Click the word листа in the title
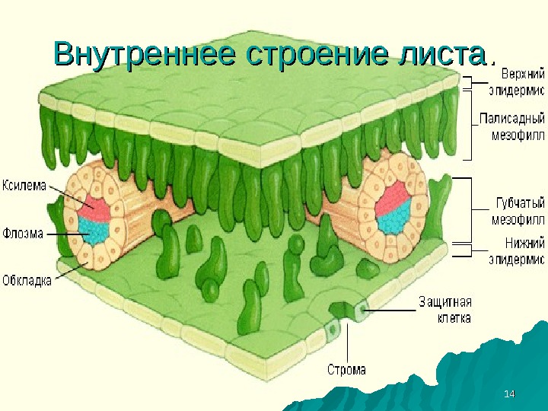[437, 55]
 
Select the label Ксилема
[25, 185]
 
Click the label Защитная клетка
[444, 309]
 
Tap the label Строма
[346, 370]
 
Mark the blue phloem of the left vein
[96, 228]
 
